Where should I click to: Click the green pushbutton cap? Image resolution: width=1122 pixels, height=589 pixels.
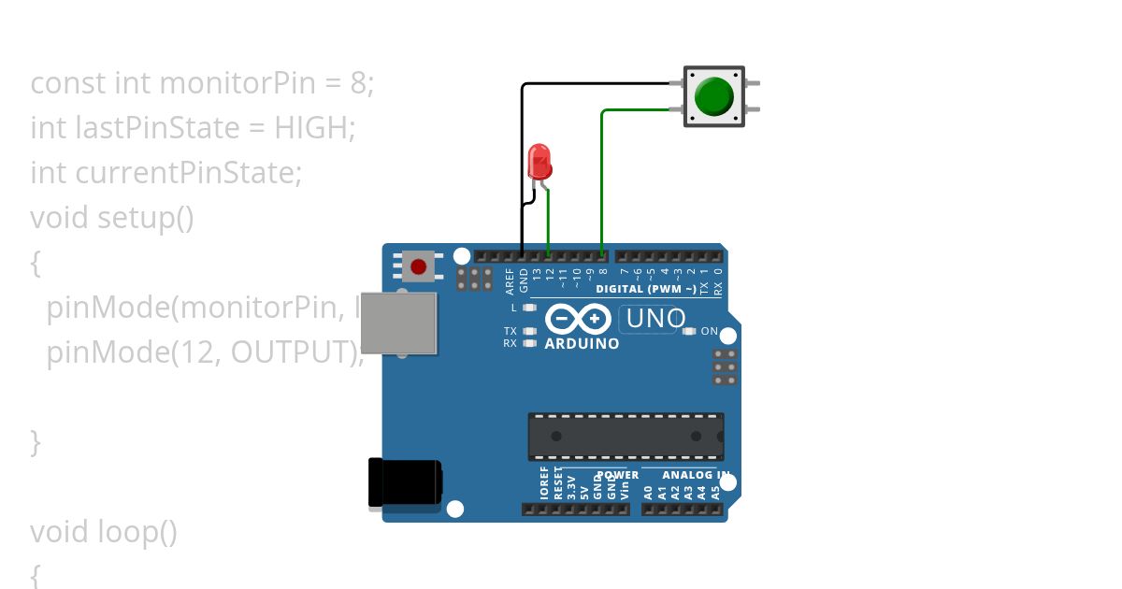click(x=714, y=96)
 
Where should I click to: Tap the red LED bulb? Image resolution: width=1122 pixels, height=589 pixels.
click(x=539, y=161)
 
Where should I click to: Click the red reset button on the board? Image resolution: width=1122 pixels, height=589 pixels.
click(x=419, y=267)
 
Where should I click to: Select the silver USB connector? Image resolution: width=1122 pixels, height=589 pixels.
click(x=399, y=323)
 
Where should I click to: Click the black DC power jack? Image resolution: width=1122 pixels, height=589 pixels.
click(x=405, y=483)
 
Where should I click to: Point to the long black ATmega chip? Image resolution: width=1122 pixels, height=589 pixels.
click(x=625, y=437)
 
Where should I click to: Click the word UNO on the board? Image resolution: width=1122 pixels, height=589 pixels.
click(x=656, y=319)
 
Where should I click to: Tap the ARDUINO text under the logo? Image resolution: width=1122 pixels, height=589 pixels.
click(x=582, y=343)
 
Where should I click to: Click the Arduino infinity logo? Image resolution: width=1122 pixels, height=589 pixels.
click(x=579, y=319)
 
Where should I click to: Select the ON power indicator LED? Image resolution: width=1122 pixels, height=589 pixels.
click(x=691, y=331)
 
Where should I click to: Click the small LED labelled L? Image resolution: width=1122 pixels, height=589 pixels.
click(x=529, y=308)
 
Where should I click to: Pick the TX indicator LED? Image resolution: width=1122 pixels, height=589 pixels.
click(x=529, y=331)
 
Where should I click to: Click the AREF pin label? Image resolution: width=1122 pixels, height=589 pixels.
click(x=511, y=280)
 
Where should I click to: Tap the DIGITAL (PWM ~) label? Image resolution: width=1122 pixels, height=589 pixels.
click(x=645, y=290)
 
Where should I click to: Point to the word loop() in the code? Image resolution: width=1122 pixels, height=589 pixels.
click(x=137, y=532)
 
